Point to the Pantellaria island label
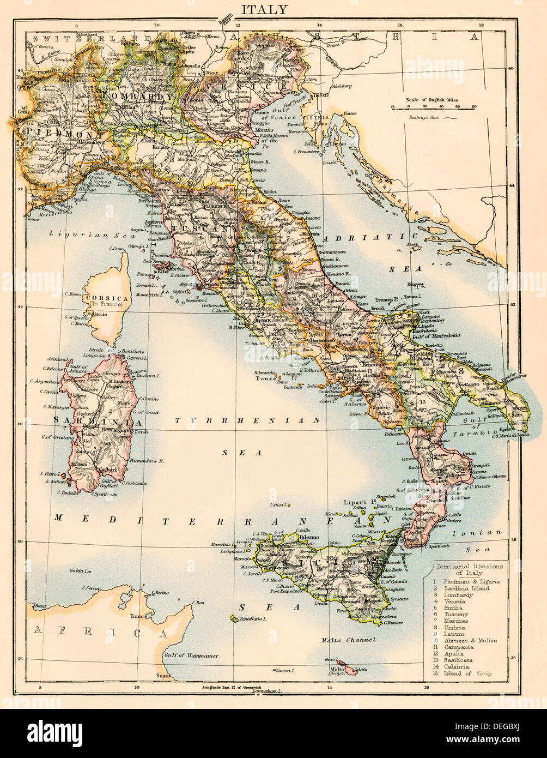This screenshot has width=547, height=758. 251,619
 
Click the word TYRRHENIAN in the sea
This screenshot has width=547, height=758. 247,420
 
